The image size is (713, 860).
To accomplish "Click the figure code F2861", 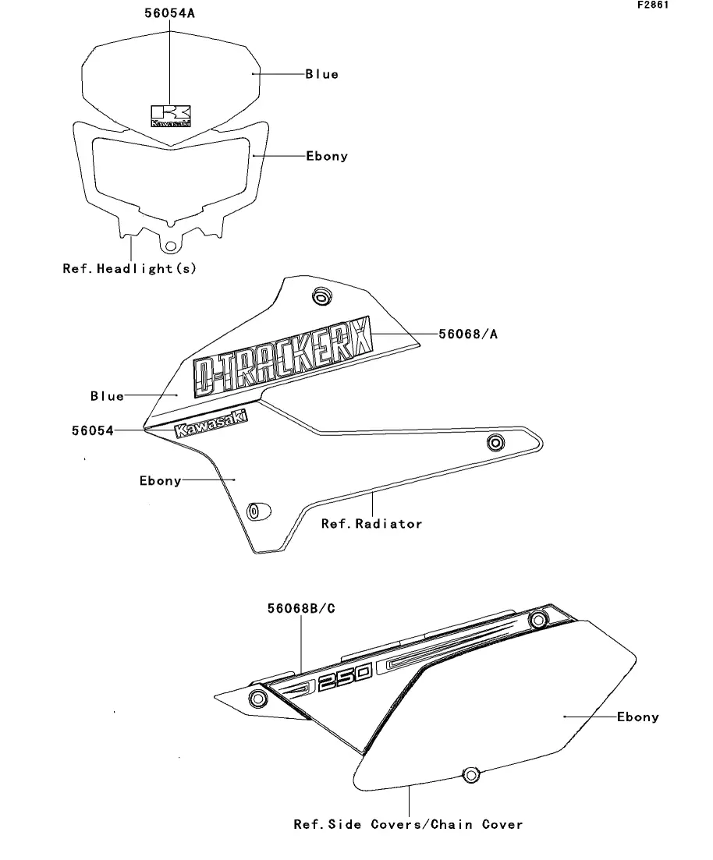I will (653, 5).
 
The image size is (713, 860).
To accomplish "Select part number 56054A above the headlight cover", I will (169, 14).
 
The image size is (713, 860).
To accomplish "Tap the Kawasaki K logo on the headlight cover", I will (171, 115).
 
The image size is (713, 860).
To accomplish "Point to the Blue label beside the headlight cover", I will (321, 74).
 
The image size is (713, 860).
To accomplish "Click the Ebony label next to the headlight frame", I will (326, 156).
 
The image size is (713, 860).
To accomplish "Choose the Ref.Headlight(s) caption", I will (129, 268).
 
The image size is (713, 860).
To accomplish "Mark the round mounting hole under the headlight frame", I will (169, 243).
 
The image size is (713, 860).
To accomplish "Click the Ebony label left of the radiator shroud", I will (160, 481).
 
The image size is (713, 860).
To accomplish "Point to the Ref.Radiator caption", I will (371, 524).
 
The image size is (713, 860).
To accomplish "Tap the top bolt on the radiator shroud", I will (320, 296).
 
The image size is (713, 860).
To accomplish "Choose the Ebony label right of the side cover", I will (637, 717).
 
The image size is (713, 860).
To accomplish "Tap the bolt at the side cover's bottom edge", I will (470, 774).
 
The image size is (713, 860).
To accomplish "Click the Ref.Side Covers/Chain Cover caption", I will (408, 824).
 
